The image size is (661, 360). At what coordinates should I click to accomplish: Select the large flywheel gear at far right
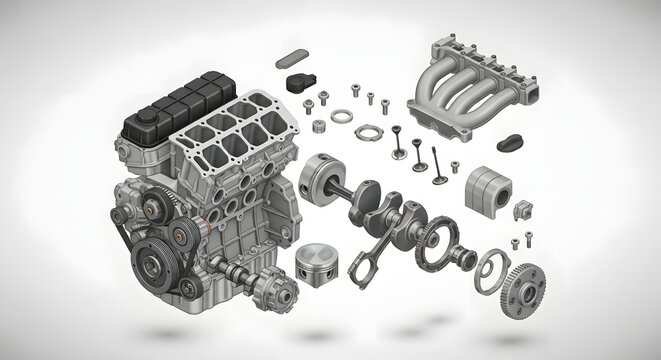click(x=526, y=288)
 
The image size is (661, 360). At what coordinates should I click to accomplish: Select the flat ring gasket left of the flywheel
click(x=489, y=269)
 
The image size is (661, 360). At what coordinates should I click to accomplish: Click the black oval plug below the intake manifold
click(x=513, y=142)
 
